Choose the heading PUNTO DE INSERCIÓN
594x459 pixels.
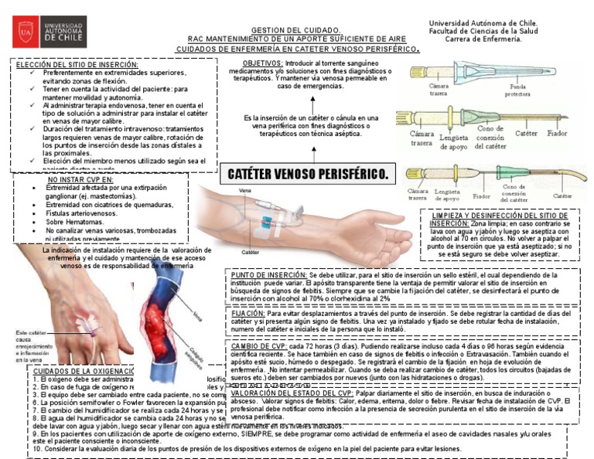[x=268, y=274]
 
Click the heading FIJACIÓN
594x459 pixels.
[x=247, y=314]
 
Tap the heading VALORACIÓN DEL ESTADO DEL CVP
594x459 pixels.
[x=295, y=393]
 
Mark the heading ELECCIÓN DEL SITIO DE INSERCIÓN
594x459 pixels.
[x=77, y=64]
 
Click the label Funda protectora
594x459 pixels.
[x=517, y=90]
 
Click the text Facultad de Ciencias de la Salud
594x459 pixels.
[x=486, y=31]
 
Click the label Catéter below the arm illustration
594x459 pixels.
[x=250, y=252]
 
